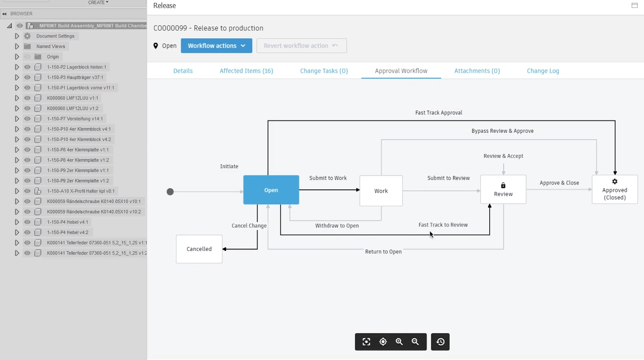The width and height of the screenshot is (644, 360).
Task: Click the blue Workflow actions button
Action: [216, 46]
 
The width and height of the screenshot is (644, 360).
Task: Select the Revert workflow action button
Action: [301, 46]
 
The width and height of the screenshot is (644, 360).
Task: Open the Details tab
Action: [183, 71]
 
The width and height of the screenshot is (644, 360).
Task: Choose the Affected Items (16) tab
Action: [246, 71]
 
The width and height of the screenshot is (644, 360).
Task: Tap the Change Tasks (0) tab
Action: [324, 71]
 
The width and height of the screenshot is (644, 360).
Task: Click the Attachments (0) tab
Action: [477, 71]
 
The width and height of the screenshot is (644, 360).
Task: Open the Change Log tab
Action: [543, 71]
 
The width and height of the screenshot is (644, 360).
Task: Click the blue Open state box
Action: [271, 190]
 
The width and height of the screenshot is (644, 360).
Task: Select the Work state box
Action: [381, 191]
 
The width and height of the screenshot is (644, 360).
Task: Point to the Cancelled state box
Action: [199, 249]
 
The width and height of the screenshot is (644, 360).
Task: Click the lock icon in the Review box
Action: [503, 185]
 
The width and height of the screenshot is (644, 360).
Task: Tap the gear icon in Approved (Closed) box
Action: [615, 181]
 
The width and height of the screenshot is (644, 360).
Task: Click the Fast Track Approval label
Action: [439, 113]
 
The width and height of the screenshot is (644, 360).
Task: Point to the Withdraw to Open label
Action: [337, 226]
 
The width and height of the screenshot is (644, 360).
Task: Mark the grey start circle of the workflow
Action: [170, 192]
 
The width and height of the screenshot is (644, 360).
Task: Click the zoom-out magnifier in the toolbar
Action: [415, 342]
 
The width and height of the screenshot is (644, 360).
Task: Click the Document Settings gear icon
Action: [27, 36]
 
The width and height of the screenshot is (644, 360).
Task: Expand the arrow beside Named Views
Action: [17, 46]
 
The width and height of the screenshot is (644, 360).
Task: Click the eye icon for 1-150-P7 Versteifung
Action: [27, 118]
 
